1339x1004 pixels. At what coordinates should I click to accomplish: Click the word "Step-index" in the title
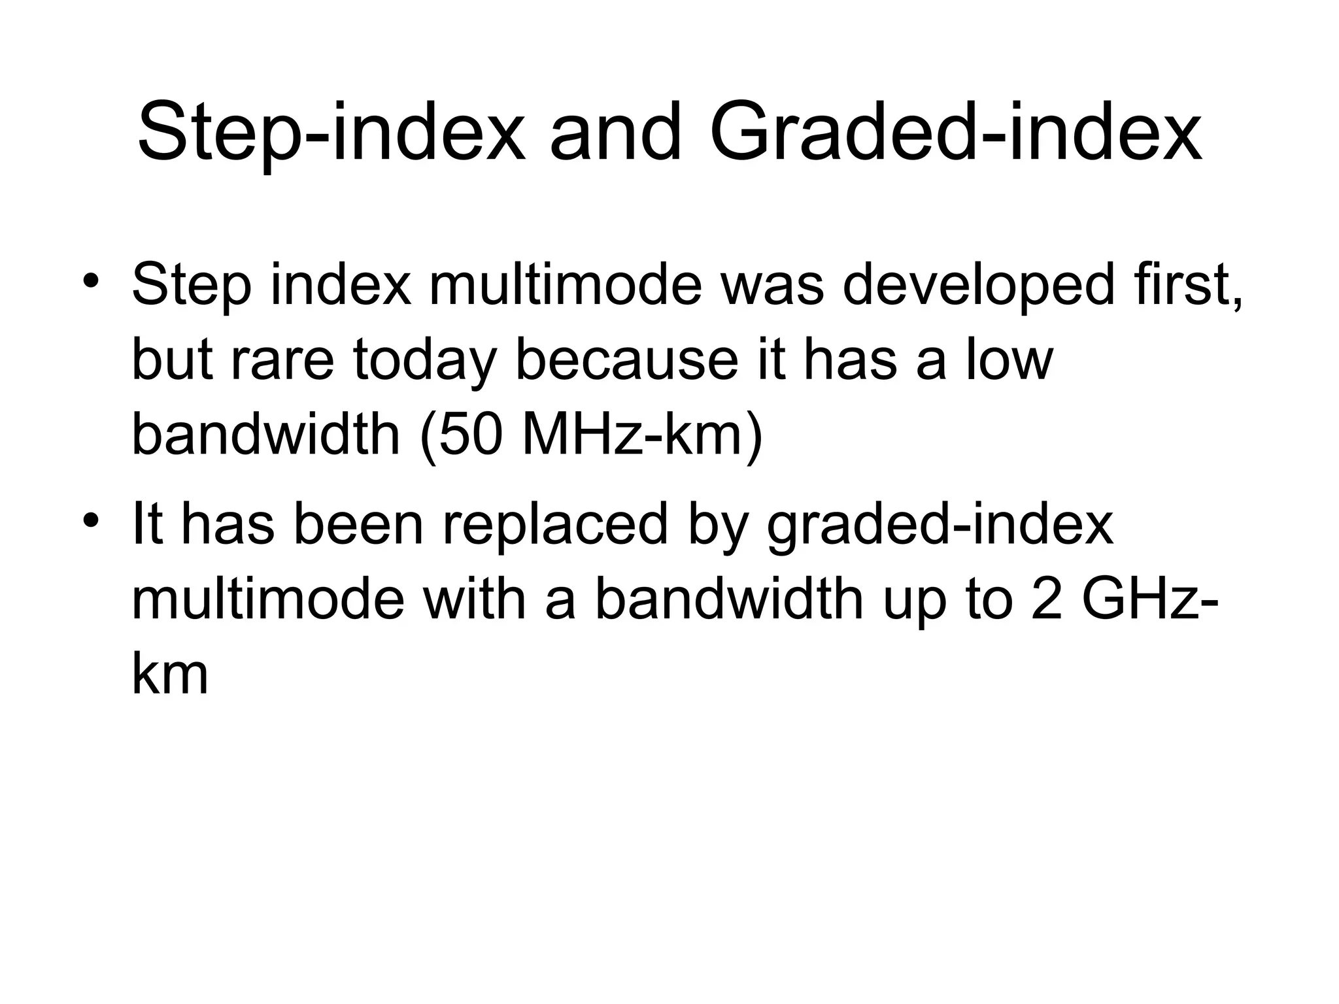[330, 134]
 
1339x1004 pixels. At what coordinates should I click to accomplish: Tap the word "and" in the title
[615, 134]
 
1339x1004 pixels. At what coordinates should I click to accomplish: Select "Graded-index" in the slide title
[955, 134]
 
